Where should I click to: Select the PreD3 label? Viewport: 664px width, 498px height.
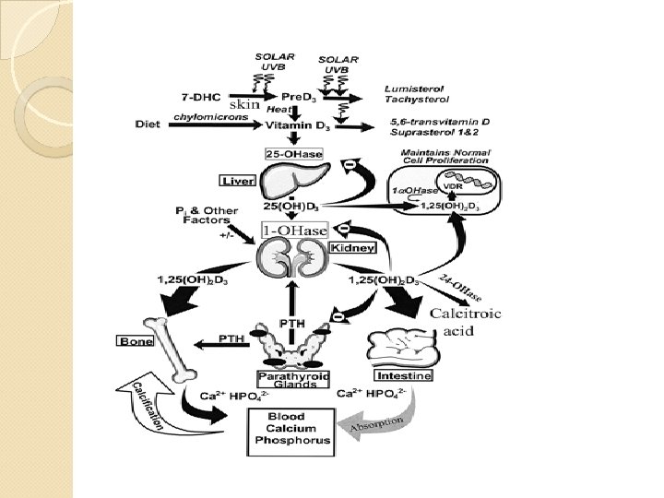[293, 97]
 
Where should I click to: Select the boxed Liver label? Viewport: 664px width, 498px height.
[237, 180]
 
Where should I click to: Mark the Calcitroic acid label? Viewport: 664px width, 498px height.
[466, 322]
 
